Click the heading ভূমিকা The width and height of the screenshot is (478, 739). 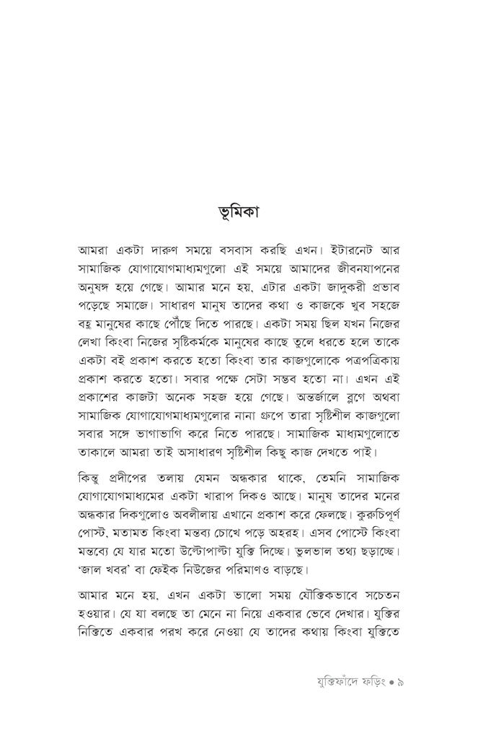click(239, 214)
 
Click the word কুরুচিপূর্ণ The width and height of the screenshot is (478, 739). click(368, 518)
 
